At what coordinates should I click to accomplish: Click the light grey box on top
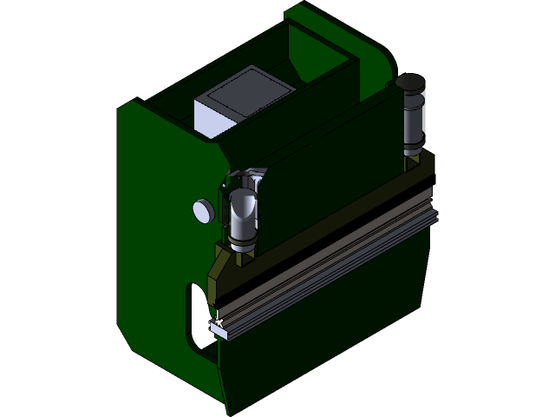pos(243,100)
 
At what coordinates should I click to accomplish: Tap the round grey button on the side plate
pos(203,210)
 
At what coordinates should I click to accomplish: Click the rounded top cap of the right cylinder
pos(410,83)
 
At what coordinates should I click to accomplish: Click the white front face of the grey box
pos(212,117)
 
